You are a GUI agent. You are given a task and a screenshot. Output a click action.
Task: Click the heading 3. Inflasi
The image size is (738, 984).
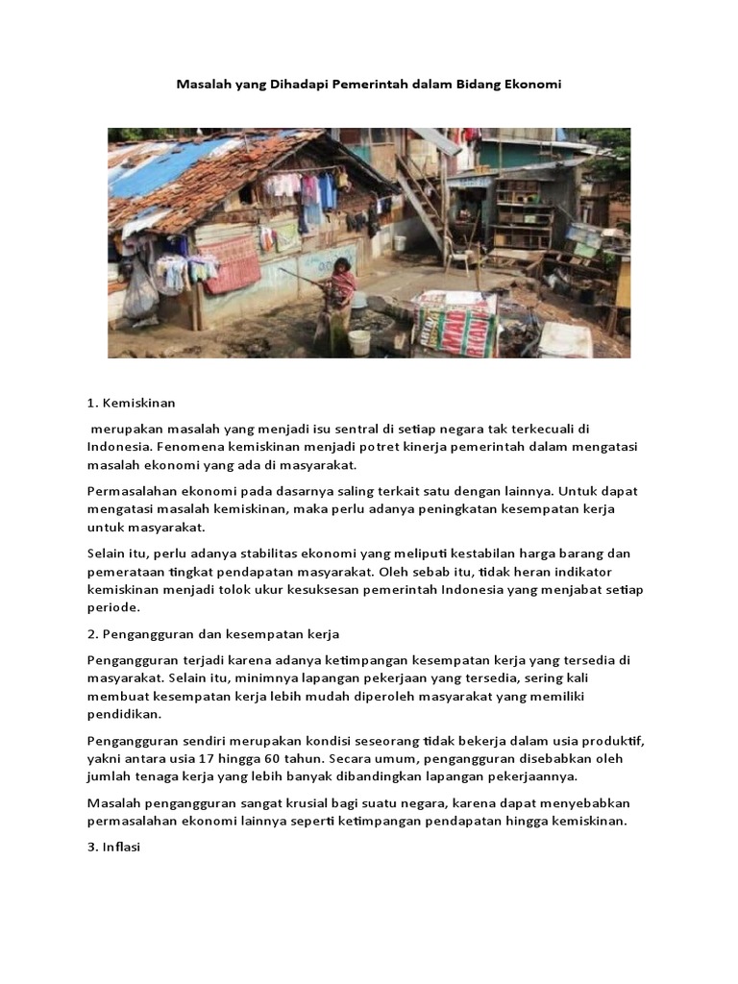point(114,847)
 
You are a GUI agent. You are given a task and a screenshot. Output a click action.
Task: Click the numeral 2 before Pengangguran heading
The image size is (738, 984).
point(92,634)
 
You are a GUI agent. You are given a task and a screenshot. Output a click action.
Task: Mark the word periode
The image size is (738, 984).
point(114,607)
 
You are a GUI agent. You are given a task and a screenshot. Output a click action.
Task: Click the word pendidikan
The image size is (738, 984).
point(124,714)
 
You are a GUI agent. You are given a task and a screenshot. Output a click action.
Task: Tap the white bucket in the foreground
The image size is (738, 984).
point(359,342)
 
